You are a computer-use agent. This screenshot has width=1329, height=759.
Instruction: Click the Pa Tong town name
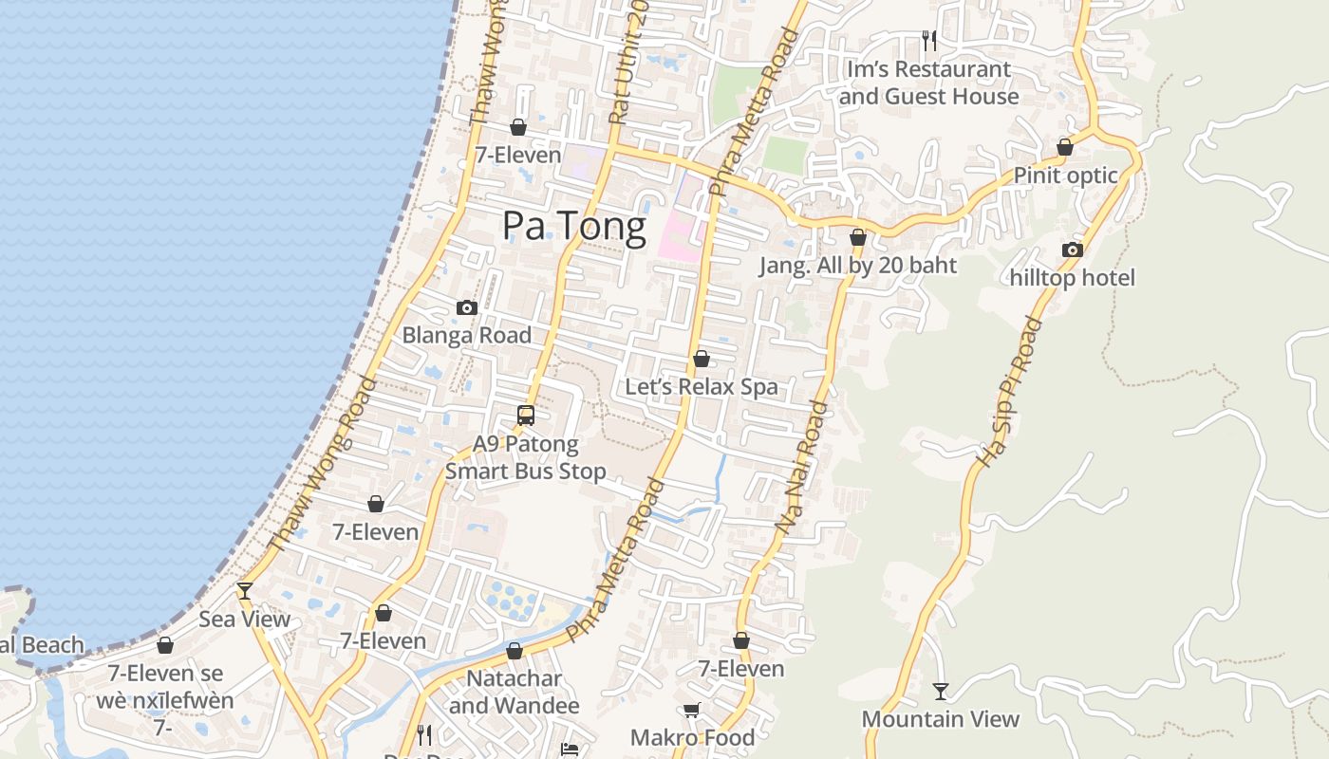pos(573,227)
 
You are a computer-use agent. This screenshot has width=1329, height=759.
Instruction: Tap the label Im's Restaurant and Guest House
pos(928,83)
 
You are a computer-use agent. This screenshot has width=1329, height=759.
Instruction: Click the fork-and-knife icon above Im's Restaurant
pos(929,40)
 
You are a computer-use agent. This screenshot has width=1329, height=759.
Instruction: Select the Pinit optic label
pos(1065,176)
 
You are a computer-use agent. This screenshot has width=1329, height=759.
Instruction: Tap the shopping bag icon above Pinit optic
pos(1065,148)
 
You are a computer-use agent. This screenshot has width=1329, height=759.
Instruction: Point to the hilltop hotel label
pos(1072,278)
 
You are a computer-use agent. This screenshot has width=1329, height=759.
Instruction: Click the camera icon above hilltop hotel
pos(1072,250)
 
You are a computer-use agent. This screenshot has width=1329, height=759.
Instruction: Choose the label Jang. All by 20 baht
pos(858,266)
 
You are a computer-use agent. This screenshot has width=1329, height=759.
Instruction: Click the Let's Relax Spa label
pos(701,387)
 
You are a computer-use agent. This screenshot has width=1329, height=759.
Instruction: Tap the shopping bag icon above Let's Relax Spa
pos(702,359)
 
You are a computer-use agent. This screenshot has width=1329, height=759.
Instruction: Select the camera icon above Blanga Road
pos(466,307)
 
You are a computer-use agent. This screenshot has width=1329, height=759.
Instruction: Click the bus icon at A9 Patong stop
pos(525,416)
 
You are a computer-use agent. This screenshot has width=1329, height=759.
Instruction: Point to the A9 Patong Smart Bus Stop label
pos(525,457)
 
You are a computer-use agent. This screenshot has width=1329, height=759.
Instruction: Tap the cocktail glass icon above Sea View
pos(245,591)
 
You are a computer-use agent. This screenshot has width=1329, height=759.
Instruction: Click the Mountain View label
pos(940,719)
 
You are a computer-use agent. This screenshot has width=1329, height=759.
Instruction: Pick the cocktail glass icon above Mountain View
pos(940,691)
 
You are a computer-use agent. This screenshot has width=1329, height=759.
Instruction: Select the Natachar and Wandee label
pos(514,693)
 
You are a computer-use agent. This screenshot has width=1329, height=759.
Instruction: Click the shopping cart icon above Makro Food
pos(692,711)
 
